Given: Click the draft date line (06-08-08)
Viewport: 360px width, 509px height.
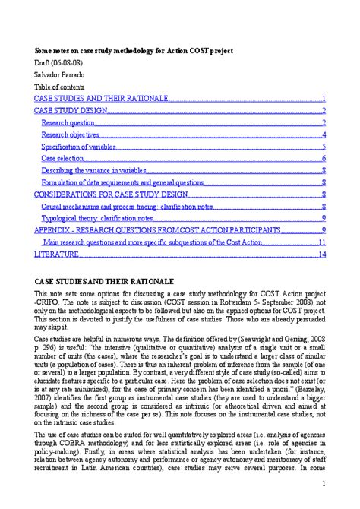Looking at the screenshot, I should [58, 63].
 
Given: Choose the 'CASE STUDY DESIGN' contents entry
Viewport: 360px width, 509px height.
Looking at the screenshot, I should [71, 111].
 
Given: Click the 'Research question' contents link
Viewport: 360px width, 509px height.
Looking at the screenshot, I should [68, 123].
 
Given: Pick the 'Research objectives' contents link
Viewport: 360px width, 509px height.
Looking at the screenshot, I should [71, 135].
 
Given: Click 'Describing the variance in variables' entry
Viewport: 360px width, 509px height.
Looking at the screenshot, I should [95, 171].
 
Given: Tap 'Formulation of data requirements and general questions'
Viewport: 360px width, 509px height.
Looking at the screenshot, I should [122, 183].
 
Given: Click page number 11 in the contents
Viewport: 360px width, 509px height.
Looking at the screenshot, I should [322, 242].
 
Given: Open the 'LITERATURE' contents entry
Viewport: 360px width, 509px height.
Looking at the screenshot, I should [57, 254].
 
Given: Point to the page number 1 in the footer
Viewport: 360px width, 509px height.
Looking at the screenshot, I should [324, 484].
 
